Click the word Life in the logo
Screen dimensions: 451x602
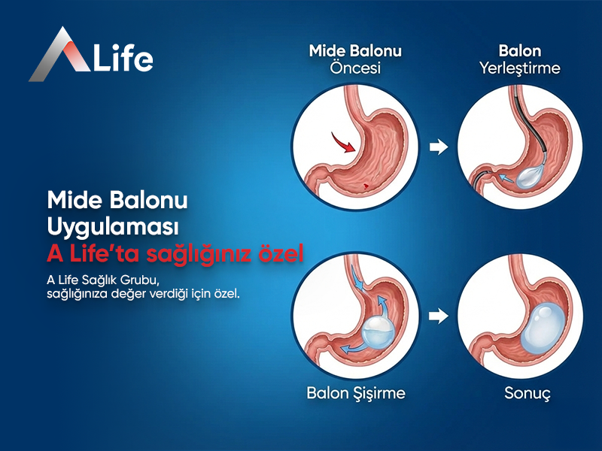pos(122,58)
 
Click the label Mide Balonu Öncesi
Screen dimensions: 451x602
pos(356,59)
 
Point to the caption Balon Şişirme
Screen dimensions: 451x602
pos(356,393)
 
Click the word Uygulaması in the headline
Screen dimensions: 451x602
pos(110,226)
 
